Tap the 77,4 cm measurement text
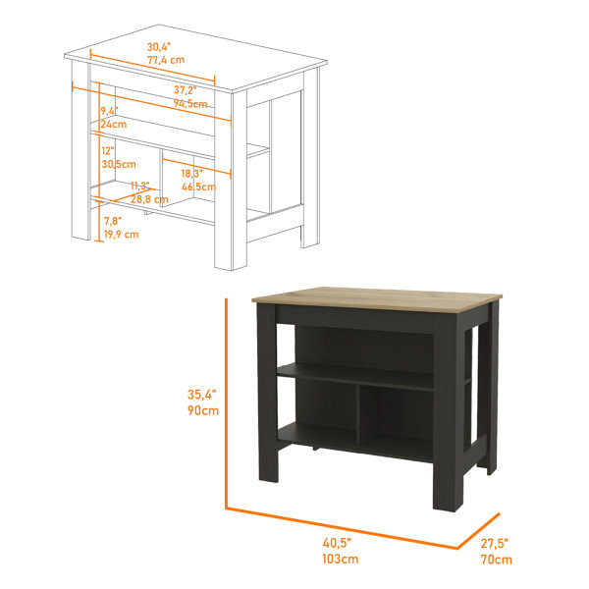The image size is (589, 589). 166,60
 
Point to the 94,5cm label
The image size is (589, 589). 190,103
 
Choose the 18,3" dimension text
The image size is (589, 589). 191,173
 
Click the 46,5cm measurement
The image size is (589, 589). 198,186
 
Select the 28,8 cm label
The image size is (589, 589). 150,198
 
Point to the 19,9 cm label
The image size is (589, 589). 121,234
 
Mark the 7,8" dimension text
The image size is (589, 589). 112,221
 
